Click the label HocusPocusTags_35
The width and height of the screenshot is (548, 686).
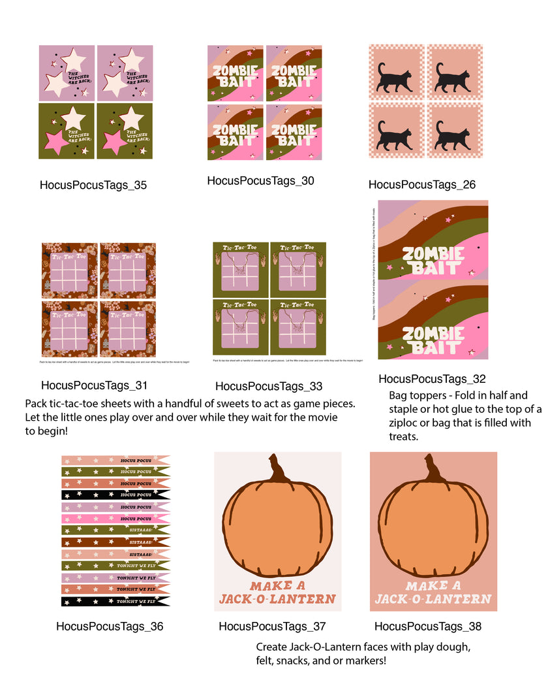(93, 185)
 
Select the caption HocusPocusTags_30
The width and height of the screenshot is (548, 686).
(261, 181)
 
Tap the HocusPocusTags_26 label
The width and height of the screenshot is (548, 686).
(422, 185)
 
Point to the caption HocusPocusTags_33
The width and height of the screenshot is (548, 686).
(269, 386)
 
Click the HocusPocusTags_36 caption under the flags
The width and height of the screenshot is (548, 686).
(110, 627)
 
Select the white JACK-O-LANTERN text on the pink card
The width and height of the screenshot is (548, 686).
(433, 598)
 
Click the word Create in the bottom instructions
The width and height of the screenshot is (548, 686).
(271, 647)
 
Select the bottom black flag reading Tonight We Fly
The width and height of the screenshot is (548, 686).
(115, 601)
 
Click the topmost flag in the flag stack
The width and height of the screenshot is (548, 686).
(115, 460)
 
